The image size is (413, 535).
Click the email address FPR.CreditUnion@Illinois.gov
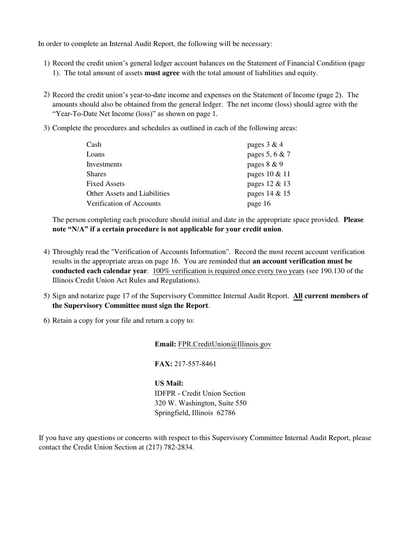(224, 344)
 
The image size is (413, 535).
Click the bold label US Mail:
(169, 384)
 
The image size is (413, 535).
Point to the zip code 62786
(226, 413)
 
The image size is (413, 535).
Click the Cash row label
(94, 145)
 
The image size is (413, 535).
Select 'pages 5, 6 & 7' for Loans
(269, 154)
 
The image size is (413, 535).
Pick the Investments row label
(104, 164)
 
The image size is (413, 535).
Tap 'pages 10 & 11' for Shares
(269, 174)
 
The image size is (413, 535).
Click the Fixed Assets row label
(106, 184)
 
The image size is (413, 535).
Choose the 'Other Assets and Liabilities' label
(128, 194)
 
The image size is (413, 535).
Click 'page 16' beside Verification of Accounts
(259, 204)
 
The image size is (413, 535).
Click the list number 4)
(47, 252)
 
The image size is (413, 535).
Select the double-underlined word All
(298, 296)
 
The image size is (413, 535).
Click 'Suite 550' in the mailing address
(232, 403)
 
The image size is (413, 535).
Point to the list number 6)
(47, 321)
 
